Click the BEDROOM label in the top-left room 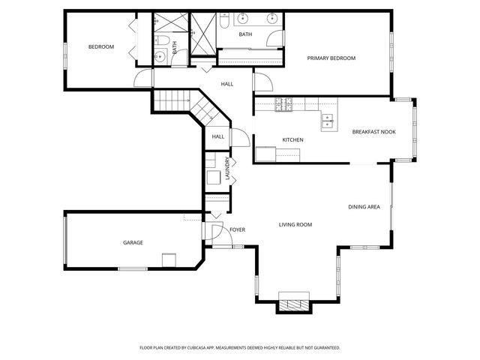[100, 47]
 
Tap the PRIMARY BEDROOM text [331, 58]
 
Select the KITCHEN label [292, 140]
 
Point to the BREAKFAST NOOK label [373, 132]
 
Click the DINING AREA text [364, 206]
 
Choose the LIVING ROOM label [295, 224]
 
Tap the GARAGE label [133, 242]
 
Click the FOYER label [237, 229]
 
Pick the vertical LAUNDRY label [227, 167]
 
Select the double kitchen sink [328, 117]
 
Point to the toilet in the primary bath [224, 24]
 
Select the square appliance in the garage [169, 259]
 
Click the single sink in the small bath [160, 57]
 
